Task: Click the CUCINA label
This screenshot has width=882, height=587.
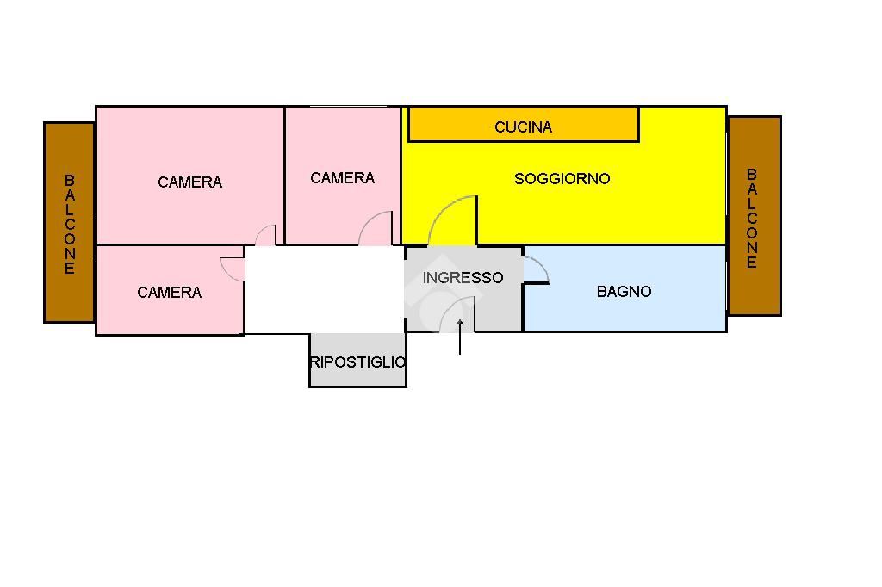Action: click(x=523, y=127)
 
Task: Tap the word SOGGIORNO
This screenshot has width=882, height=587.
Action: click(x=562, y=179)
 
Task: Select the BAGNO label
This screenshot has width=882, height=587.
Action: click(x=624, y=292)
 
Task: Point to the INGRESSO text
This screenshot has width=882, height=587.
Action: click(x=463, y=278)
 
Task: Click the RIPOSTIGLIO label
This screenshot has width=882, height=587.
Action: click(x=357, y=362)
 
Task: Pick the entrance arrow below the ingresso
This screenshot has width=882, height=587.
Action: click(x=460, y=338)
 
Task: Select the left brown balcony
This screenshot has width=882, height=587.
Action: click(x=69, y=222)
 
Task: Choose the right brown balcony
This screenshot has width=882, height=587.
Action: click(x=754, y=215)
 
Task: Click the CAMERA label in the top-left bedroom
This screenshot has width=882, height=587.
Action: click(x=189, y=182)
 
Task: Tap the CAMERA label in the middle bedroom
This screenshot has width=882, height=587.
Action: click(x=342, y=178)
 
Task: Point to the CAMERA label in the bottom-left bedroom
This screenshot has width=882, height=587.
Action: click(x=169, y=293)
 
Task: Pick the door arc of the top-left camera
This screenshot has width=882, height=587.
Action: click(x=264, y=235)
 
